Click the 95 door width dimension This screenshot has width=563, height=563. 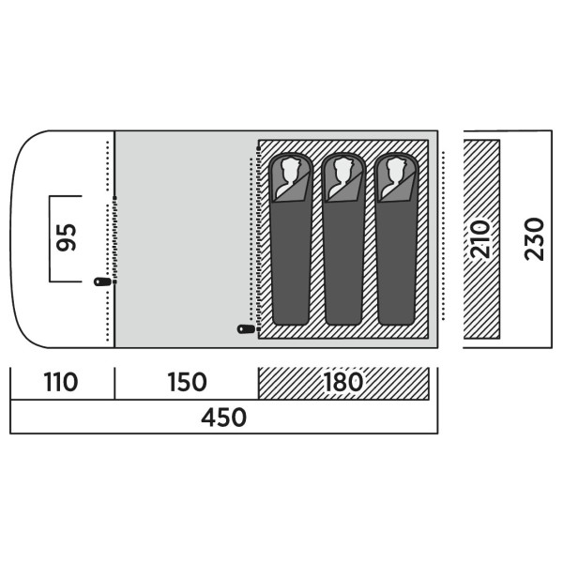(x=67, y=237)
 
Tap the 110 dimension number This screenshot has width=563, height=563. (x=61, y=382)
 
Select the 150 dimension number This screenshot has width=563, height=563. (x=187, y=382)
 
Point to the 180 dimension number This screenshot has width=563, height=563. (x=343, y=382)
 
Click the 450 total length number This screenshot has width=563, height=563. (x=223, y=418)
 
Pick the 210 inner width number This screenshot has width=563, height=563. (x=480, y=239)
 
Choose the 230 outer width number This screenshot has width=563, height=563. (x=534, y=239)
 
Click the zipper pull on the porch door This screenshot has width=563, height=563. (x=102, y=281)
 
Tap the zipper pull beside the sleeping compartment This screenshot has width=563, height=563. (x=246, y=329)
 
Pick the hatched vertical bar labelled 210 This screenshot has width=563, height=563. (x=481, y=239)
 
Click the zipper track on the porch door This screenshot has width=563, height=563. (x=114, y=240)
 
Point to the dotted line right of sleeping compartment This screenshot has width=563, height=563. (x=444, y=236)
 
